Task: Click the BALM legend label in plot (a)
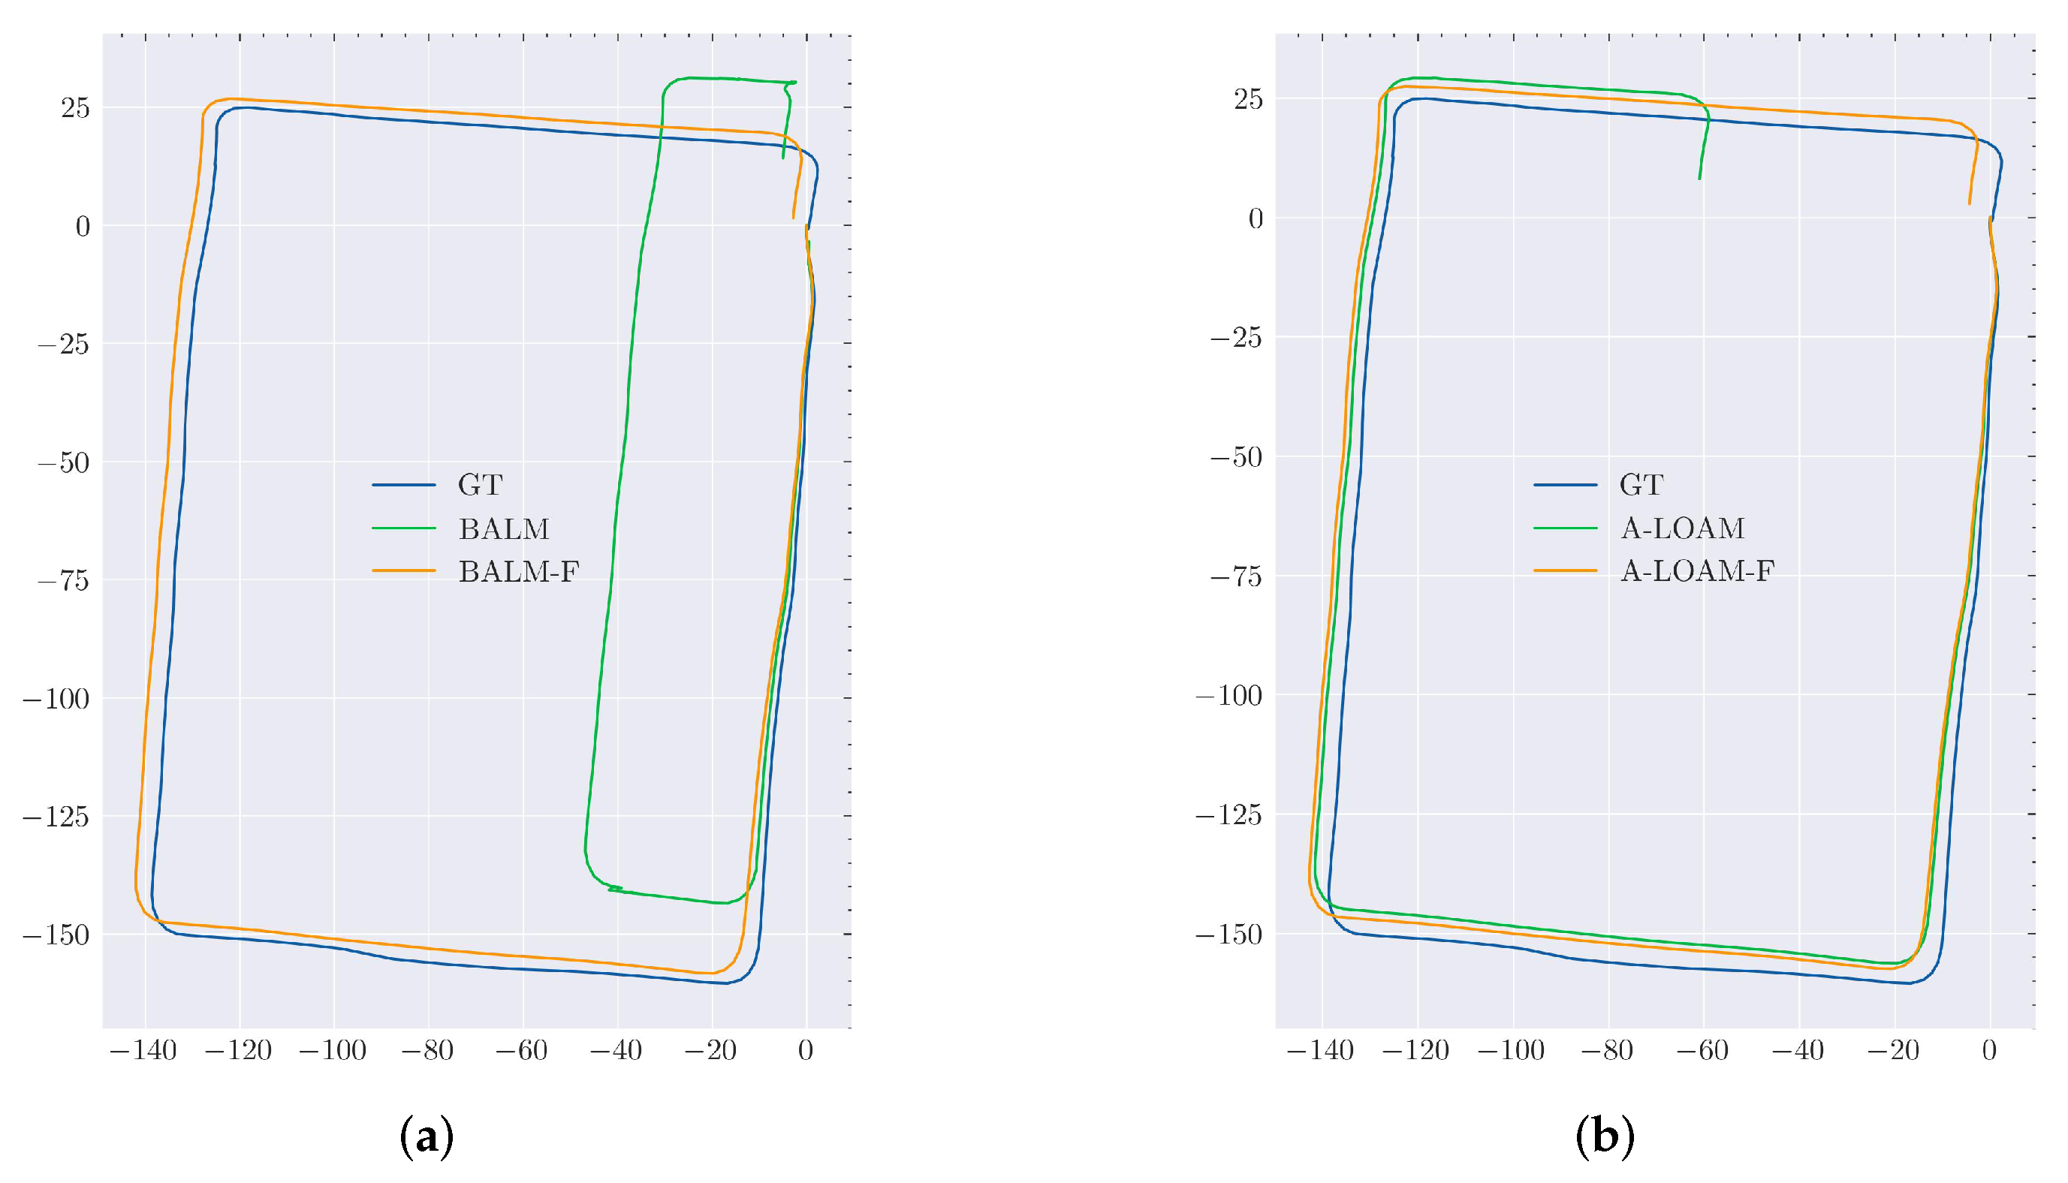pyautogui.click(x=504, y=529)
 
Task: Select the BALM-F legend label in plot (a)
pyautogui.click(x=518, y=572)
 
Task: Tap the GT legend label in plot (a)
pyautogui.click(x=481, y=485)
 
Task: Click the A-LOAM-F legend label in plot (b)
pyautogui.click(x=1696, y=571)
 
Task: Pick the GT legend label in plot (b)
pyautogui.click(x=1641, y=485)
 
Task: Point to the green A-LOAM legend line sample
pyautogui.click(x=1565, y=528)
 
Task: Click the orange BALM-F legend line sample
pyautogui.click(x=404, y=571)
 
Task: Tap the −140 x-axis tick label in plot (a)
pyautogui.click(x=142, y=1051)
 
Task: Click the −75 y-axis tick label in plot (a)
pyautogui.click(x=63, y=580)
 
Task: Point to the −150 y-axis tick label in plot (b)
pyautogui.click(x=1228, y=935)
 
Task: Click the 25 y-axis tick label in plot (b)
pyautogui.click(x=1248, y=99)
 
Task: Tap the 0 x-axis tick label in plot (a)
pyautogui.click(x=805, y=1051)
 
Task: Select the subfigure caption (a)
pyautogui.click(x=427, y=1137)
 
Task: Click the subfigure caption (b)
pyautogui.click(x=1604, y=1137)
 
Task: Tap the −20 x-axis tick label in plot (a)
pyautogui.click(x=710, y=1051)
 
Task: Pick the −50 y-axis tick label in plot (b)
pyautogui.click(x=1236, y=457)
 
